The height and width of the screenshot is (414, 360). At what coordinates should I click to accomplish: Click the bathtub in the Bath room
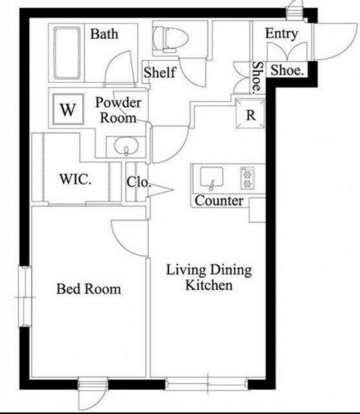(x=67, y=53)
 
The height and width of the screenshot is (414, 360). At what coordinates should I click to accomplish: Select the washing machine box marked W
(x=68, y=109)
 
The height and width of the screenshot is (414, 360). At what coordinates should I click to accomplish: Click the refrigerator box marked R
(x=250, y=114)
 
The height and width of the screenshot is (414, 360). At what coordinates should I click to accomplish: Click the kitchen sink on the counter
(x=212, y=177)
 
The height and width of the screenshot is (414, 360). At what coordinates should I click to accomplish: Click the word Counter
(x=219, y=201)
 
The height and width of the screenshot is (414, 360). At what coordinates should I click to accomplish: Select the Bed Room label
(x=89, y=289)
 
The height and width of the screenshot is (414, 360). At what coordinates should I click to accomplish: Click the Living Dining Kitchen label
(x=208, y=278)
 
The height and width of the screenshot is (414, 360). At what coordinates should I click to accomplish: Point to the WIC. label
(x=76, y=179)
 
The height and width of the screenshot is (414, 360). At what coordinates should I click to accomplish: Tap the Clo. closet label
(x=139, y=182)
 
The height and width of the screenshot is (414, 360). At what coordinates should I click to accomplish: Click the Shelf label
(x=160, y=72)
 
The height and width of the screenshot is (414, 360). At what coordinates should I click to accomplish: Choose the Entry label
(x=282, y=34)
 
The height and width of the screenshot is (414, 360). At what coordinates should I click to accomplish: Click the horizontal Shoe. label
(x=287, y=71)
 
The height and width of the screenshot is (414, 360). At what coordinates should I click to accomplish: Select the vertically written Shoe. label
(x=258, y=78)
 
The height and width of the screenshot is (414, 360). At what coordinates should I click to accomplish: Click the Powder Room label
(x=118, y=110)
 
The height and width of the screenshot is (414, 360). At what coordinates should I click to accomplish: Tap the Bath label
(x=104, y=34)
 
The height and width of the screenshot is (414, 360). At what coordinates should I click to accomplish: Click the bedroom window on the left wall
(x=25, y=297)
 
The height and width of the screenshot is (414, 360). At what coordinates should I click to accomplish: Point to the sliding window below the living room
(x=207, y=384)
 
